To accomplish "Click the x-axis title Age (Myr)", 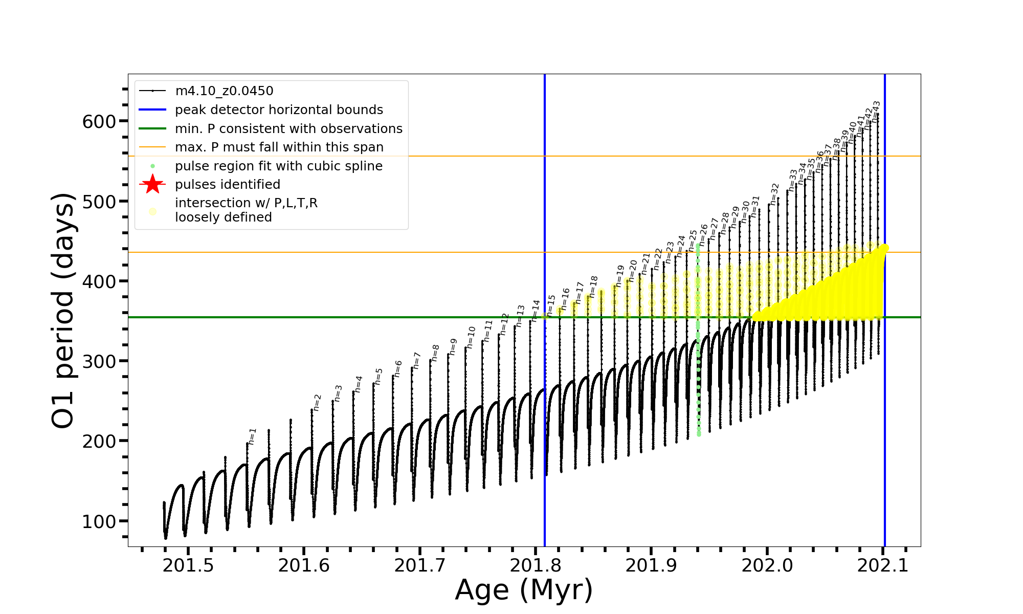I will [524, 590].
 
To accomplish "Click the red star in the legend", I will [152, 184].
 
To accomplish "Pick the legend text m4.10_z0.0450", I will [224, 91].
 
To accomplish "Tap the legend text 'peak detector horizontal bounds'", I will [279, 110].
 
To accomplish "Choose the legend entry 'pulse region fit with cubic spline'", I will [278, 166].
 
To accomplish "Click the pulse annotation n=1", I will [252, 436].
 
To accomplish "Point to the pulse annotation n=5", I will [379, 376].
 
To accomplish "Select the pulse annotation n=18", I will [593, 287].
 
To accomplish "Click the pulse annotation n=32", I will [774, 194].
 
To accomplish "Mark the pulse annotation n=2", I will [317, 402].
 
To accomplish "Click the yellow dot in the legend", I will [152, 211].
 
